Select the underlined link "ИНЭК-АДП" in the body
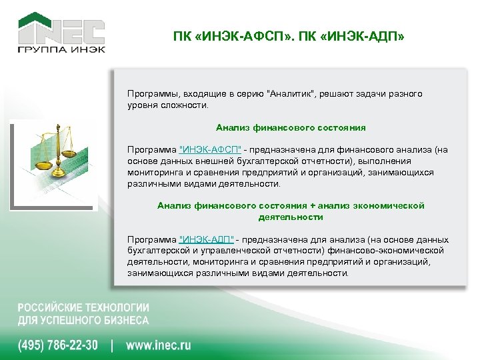(x=206, y=240)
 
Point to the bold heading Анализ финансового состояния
(x=291, y=127)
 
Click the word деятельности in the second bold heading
(x=291, y=217)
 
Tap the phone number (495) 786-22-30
(x=58, y=345)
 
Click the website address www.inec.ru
(x=159, y=345)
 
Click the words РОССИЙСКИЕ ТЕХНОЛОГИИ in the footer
(x=83, y=308)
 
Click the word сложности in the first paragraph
(x=189, y=105)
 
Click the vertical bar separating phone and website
(x=112, y=345)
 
